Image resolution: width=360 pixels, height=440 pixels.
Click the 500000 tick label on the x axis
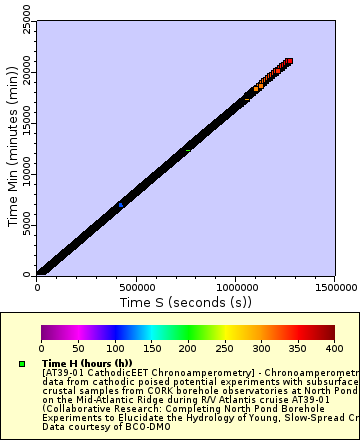[x=136, y=286]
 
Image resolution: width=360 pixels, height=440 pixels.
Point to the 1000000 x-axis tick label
[x=235, y=286]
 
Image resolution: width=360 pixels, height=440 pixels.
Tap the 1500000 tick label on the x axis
[x=331, y=286]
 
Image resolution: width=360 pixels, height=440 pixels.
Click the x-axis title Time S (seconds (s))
[x=186, y=301]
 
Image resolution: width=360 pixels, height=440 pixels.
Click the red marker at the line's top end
[x=288, y=62]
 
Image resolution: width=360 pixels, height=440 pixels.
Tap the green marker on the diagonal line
[x=187, y=151]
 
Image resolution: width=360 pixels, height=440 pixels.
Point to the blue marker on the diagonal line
[x=121, y=205]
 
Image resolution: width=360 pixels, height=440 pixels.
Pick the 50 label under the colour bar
[x=77, y=348]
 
